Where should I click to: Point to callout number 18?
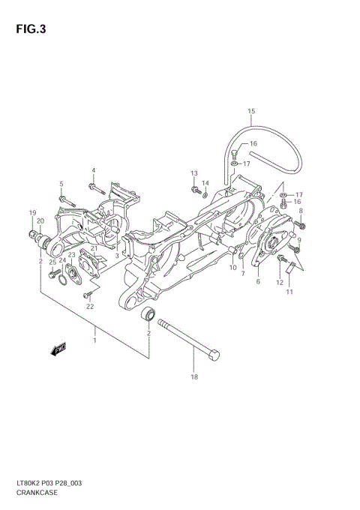click(194, 377)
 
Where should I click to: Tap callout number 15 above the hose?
click(251, 112)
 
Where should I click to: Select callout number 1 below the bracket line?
click(94, 341)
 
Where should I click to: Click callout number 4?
click(94, 169)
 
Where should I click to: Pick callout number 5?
click(61, 184)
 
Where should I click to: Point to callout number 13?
click(193, 173)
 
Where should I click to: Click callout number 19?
click(32, 213)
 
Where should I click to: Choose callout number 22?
click(89, 306)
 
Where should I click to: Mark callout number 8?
click(300, 212)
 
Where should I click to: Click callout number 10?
click(232, 268)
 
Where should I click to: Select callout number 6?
click(258, 281)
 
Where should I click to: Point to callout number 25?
click(52, 262)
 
